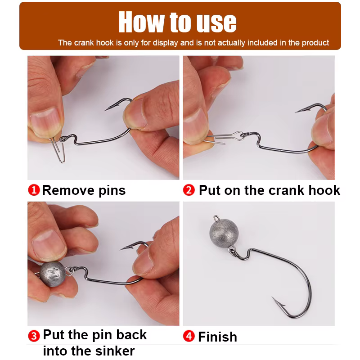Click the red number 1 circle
34,190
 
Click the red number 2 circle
189,190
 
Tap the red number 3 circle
34,336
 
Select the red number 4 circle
189,336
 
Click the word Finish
217,337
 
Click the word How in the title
142,22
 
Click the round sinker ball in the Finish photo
224,233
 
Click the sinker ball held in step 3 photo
52,274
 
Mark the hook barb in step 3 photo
127,247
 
